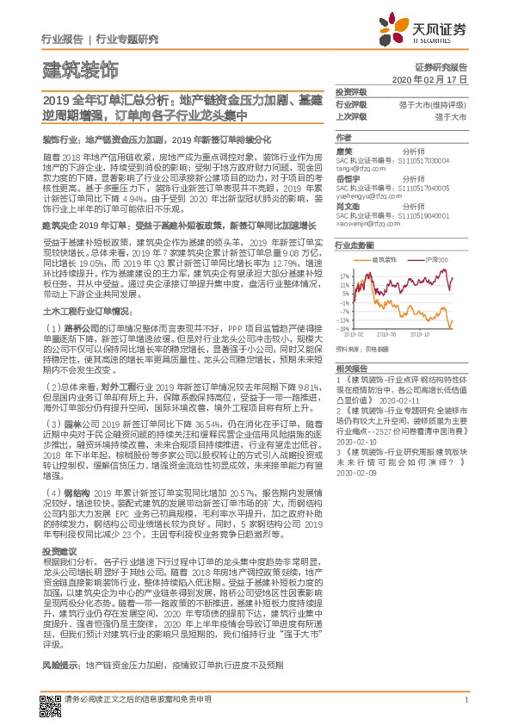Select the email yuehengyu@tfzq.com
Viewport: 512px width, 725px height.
[x=367, y=195]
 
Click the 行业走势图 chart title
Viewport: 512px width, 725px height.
[x=354, y=245]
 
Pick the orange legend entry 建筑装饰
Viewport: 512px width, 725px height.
[x=380, y=258]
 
